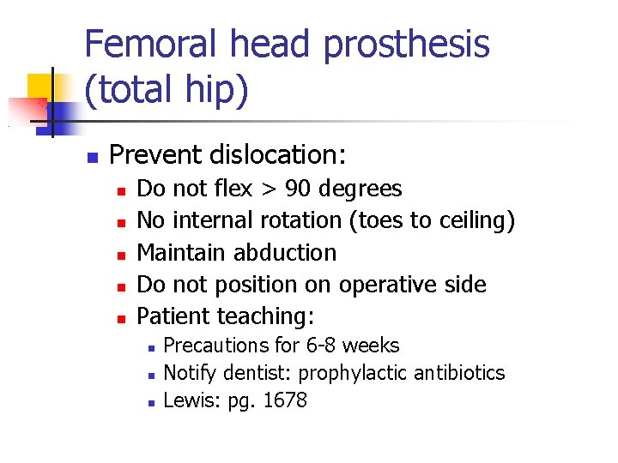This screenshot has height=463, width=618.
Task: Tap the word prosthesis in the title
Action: click(406, 45)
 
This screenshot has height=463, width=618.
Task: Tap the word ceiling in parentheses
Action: click(471, 220)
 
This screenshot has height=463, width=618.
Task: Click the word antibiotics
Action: click(459, 373)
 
